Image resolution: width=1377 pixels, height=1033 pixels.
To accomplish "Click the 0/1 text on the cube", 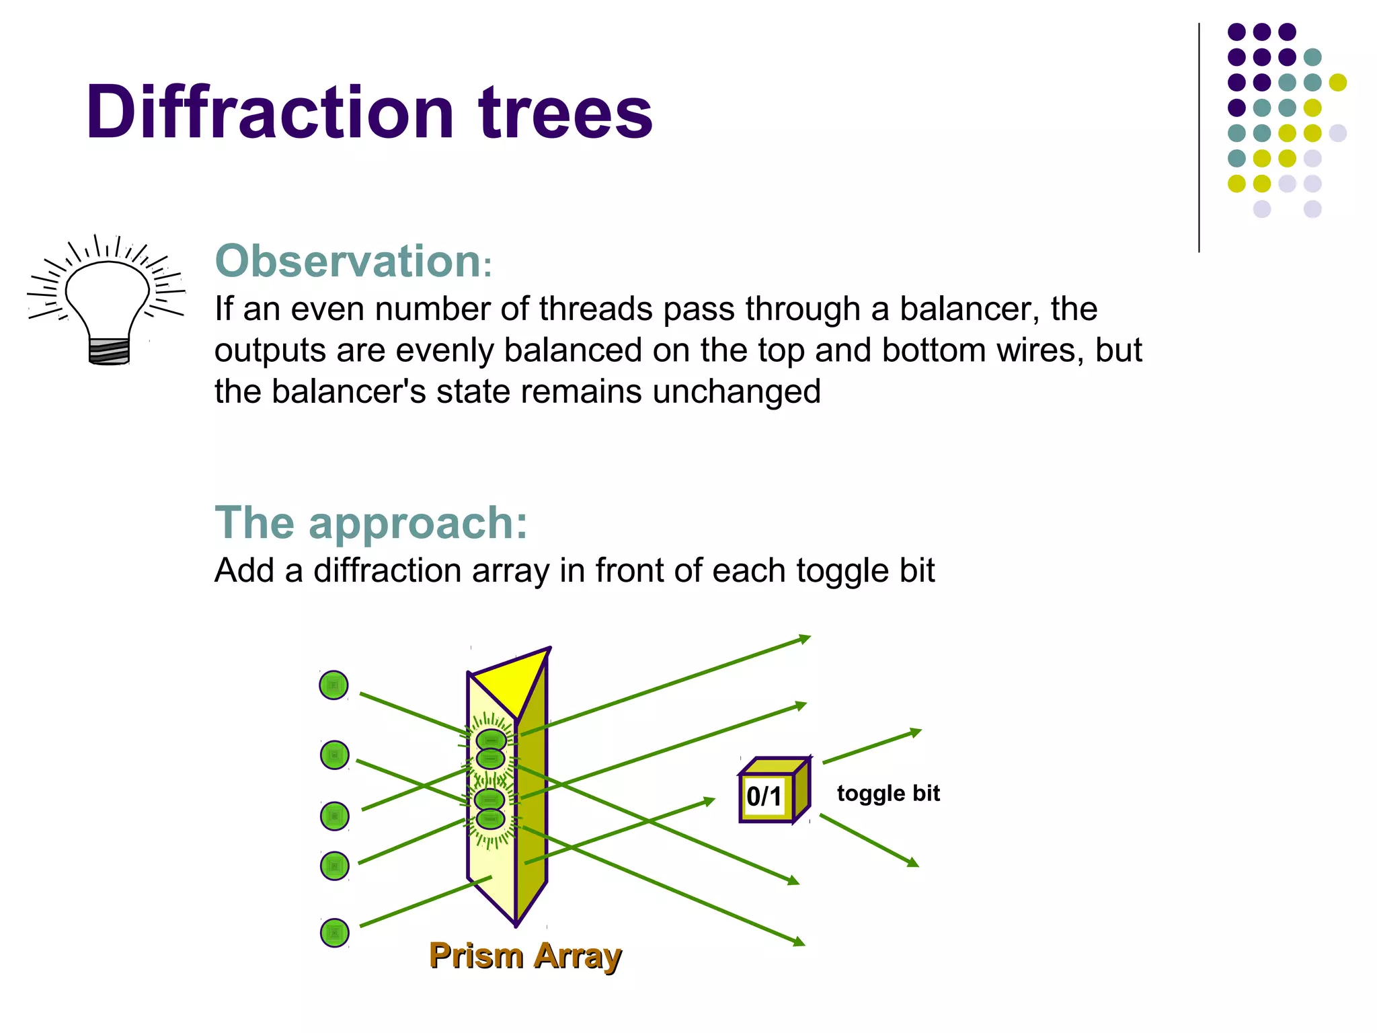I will pyautogui.click(x=764, y=796).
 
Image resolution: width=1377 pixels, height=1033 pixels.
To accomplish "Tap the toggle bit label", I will pyautogui.click(x=888, y=794).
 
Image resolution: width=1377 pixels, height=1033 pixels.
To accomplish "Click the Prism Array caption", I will pyautogui.click(x=525, y=956).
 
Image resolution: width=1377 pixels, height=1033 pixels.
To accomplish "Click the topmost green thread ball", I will pyautogui.click(x=333, y=685).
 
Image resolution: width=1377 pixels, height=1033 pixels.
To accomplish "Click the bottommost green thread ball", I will pyautogui.click(x=334, y=933).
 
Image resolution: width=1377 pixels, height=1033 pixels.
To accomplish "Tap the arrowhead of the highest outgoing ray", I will pyautogui.click(x=805, y=638).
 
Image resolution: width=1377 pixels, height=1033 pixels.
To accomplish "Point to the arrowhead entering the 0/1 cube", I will pyautogui.click(x=709, y=800).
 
